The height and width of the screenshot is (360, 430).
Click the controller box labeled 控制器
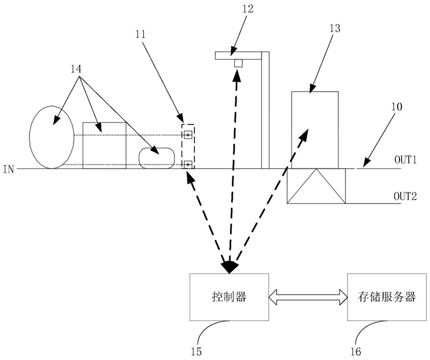click(229, 297)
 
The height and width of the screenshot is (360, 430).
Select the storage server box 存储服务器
click(387, 297)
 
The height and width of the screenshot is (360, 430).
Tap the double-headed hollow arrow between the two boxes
click(308, 297)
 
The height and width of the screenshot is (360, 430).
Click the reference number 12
click(248, 9)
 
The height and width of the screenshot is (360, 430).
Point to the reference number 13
click(334, 28)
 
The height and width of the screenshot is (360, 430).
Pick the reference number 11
click(140, 34)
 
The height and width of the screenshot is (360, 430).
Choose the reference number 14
click(76, 69)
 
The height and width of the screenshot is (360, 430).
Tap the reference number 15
click(196, 352)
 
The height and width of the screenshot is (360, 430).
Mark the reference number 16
click(356, 352)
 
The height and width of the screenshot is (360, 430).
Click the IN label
click(9, 169)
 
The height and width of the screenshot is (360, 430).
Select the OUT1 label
click(405, 160)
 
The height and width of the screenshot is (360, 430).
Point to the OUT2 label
click(405, 197)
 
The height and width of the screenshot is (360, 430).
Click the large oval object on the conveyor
click(52, 137)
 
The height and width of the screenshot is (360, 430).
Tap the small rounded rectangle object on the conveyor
click(157, 158)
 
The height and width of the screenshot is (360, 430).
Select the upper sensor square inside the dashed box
click(188, 135)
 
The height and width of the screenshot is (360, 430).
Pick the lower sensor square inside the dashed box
click(188, 165)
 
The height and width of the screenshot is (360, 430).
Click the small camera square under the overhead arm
click(238, 63)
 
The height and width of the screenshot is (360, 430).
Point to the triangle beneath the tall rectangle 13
click(316, 186)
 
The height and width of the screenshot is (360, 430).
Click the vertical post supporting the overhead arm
click(265, 110)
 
